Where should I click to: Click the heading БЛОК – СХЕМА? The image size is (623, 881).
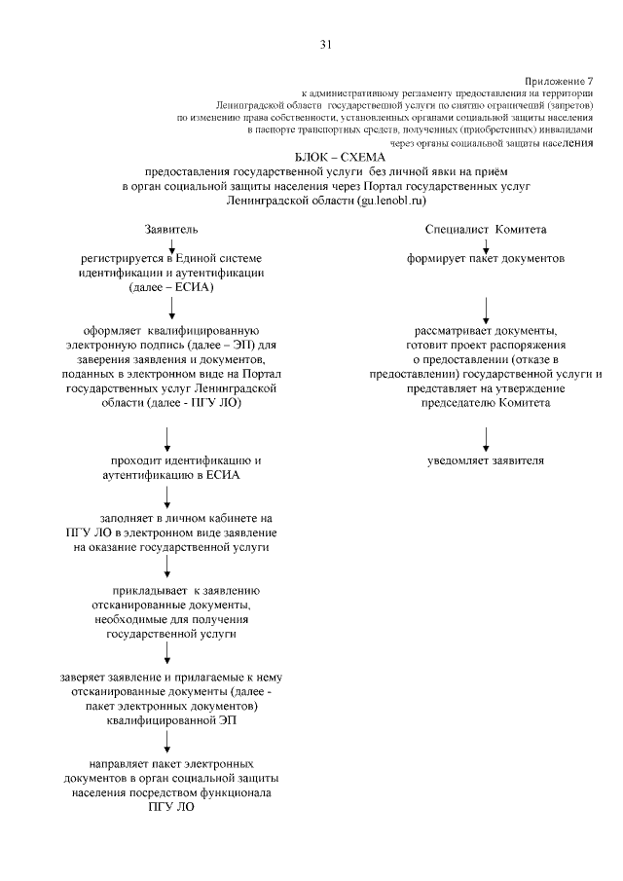(x=339, y=157)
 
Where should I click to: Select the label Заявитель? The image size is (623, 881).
(x=170, y=229)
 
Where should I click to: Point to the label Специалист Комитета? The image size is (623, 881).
(x=485, y=229)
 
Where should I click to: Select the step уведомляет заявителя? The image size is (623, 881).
(x=485, y=459)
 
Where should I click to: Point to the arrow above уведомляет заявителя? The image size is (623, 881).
(x=486, y=435)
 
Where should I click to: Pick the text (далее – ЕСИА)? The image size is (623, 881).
(x=171, y=288)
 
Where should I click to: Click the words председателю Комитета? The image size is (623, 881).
(x=485, y=402)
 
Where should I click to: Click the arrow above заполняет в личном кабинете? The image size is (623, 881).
(x=169, y=496)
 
